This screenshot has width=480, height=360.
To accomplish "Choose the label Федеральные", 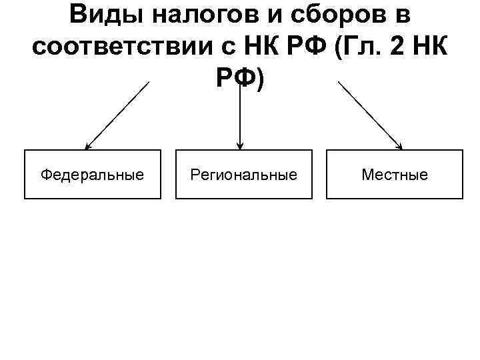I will pyautogui.click(x=92, y=175).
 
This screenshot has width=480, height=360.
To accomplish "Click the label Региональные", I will pyautogui.click(x=243, y=175).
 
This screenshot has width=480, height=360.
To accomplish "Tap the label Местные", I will pyautogui.click(x=395, y=175).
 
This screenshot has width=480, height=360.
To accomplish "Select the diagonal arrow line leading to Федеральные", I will pyautogui.click(x=118, y=115).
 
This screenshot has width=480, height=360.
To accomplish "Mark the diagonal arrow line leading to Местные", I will pyautogui.click(x=371, y=115).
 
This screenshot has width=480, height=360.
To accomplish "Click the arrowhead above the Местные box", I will pyautogui.click(x=400, y=146).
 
